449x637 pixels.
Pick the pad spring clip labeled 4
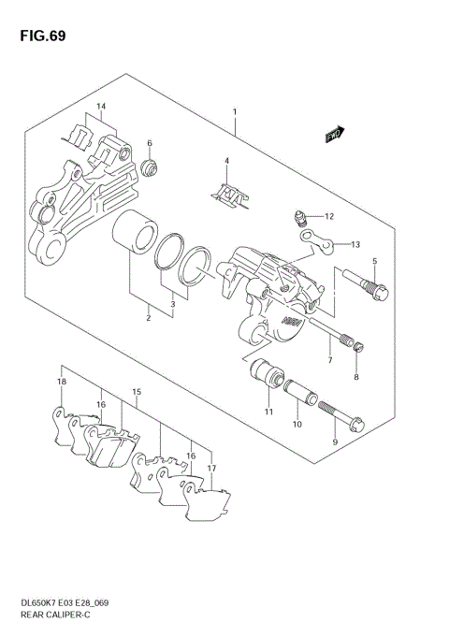226,194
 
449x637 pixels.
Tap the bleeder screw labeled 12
297,218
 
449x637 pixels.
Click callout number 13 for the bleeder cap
355,244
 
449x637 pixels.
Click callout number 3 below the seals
171,303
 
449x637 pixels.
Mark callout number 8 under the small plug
355,377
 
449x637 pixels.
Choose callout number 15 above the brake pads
137,391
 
